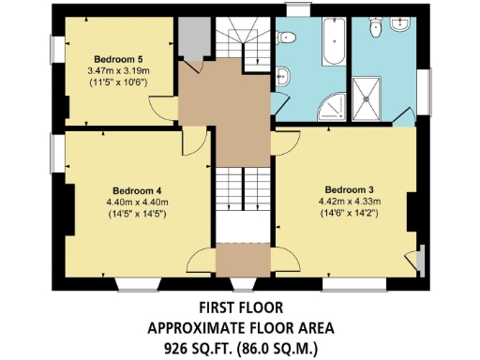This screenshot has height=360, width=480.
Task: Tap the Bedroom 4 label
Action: (125, 186)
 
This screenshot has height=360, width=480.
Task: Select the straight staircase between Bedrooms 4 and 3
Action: (243, 202)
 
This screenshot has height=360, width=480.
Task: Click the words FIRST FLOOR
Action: (240, 307)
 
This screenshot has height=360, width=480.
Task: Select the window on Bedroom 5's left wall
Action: (56, 56)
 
